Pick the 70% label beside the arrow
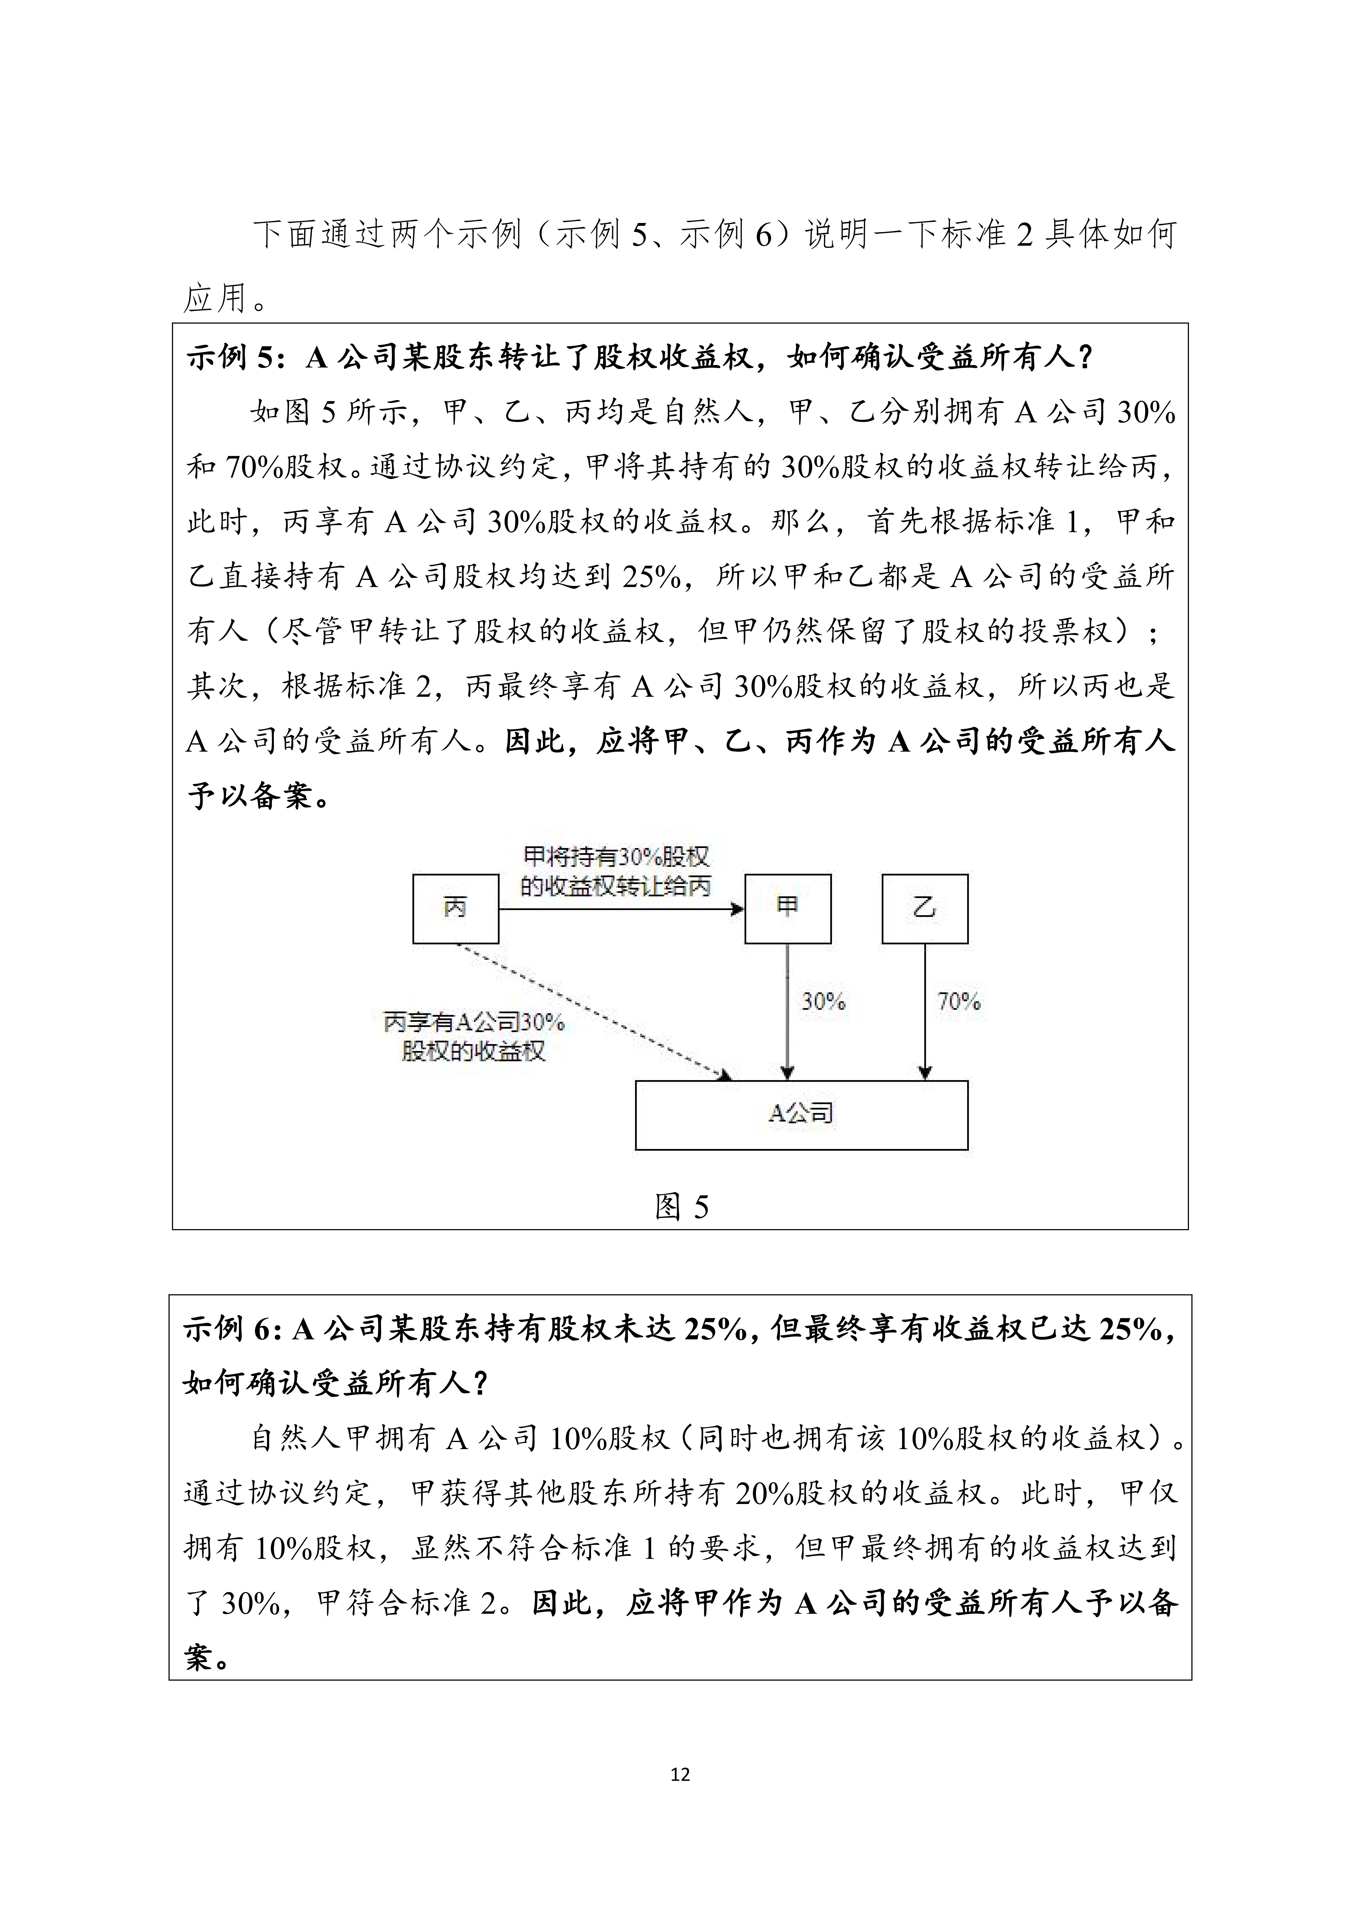coord(959,1001)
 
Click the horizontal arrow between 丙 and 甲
coord(620,909)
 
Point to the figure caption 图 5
coord(681,1207)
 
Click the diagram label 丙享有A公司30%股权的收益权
coord(474,1036)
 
